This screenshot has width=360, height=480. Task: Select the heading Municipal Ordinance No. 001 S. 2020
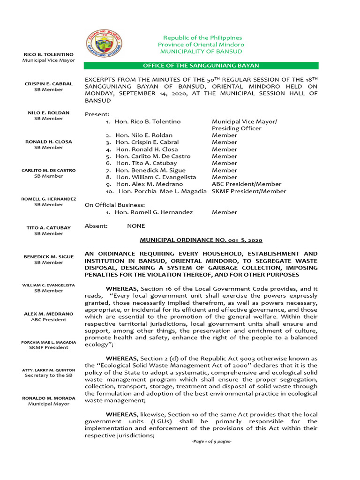coord(201,240)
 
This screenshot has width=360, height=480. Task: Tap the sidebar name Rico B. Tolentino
coord(49,55)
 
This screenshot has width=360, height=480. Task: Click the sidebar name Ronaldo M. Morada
coord(49,398)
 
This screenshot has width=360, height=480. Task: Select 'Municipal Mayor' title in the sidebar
coord(49,404)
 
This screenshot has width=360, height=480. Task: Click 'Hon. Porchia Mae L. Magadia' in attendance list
coord(163,191)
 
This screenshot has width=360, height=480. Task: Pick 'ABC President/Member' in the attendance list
coord(247,184)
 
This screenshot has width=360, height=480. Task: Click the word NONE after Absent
coord(136,226)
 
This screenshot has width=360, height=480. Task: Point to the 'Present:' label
coord(97,114)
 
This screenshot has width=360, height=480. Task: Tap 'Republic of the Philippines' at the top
coord(202,37)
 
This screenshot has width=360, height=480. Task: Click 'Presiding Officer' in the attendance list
coord(236,128)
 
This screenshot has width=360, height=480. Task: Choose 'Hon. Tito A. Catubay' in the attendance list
coord(147,163)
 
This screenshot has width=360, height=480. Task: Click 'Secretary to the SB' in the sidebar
coord(49,375)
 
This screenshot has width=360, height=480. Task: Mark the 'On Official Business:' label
coord(114,205)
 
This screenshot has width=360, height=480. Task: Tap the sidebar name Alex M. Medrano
coord(49,314)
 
